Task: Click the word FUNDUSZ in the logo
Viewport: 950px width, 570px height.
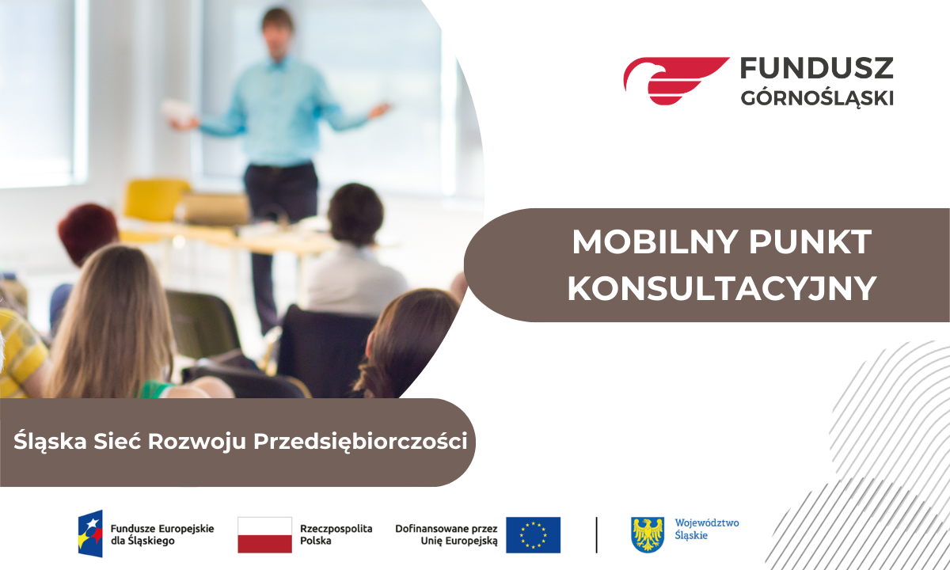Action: click(817, 68)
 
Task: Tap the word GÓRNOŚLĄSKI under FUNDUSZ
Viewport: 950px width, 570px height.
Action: click(817, 98)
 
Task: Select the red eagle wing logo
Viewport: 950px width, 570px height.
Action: click(676, 81)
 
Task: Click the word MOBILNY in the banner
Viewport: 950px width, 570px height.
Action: click(656, 242)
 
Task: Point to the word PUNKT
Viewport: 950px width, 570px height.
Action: click(811, 242)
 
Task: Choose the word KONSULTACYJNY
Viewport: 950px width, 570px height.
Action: click(722, 289)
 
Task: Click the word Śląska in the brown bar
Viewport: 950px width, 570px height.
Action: click(50, 442)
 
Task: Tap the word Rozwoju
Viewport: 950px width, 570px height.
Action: click(197, 442)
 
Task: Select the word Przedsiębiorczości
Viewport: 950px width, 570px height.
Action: click(360, 442)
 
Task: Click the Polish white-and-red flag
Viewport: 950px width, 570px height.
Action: click(264, 535)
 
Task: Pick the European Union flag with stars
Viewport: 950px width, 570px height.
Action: click(533, 535)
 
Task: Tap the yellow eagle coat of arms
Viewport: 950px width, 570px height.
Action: click(648, 535)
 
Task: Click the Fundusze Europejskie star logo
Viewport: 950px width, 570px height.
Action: click(90, 534)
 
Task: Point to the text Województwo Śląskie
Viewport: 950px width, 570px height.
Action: click(707, 529)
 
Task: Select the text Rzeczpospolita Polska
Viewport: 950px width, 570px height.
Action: click(336, 534)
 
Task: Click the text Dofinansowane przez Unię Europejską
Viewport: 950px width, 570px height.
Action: click(446, 534)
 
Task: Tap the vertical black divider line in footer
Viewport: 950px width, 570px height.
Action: click(597, 535)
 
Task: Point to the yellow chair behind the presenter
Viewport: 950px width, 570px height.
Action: click(155, 199)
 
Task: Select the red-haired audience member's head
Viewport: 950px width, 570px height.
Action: click(88, 234)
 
